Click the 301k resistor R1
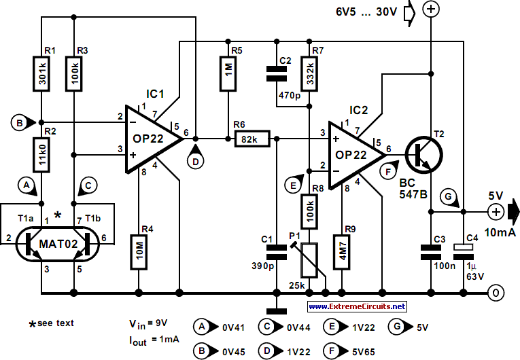(x=41, y=74)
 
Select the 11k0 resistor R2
(x=41, y=155)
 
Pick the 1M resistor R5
(x=228, y=73)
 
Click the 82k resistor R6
(x=252, y=139)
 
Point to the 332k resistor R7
(x=309, y=73)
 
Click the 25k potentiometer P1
(x=309, y=260)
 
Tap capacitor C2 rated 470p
(x=277, y=73)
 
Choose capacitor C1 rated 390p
(x=277, y=252)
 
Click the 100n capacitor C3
(x=431, y=252)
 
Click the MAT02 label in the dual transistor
(x=58, y=244)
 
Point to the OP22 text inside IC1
(x=148, y=139)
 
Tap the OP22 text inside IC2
(x=351, y=155)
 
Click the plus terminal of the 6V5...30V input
(x=431, y=9)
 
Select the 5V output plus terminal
(x=496, y=211)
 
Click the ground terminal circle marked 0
(x=496, y=293)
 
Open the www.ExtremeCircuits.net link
(x=357, y=306)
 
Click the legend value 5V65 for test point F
(x=364, y=351)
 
